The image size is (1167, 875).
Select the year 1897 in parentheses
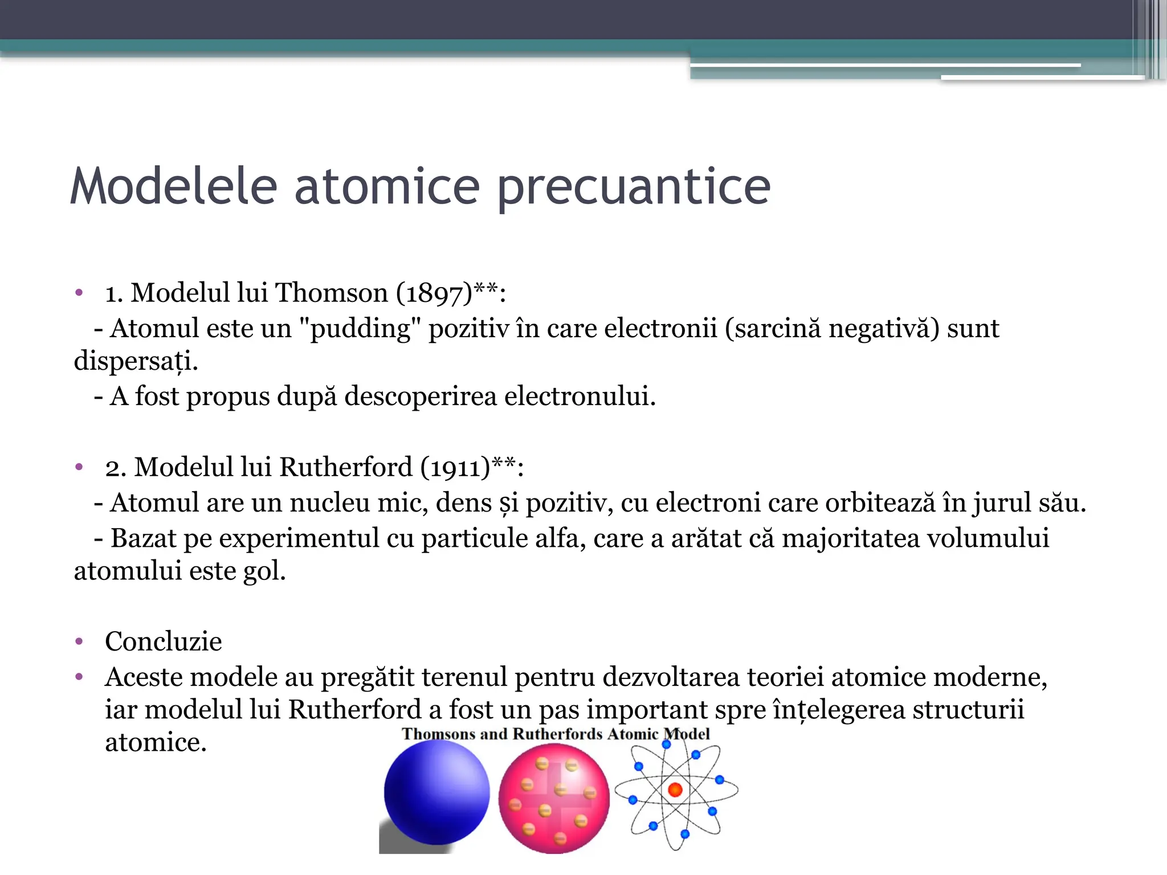tap(434, 294)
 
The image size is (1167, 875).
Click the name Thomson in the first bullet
tap(332, 293)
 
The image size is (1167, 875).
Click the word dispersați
tap(136, 362)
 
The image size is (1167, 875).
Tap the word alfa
tap(561, 538)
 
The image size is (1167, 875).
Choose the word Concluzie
tap(164, 642)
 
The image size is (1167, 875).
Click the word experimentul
tap(299, 538)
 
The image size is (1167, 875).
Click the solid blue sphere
tap(436, 792)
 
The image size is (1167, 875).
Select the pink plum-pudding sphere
tap(554, 798)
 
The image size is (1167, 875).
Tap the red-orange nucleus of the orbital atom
tap(675, 790)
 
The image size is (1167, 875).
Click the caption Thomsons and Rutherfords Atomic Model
tap(556, 734)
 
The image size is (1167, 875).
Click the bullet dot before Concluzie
tap(79, 642)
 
